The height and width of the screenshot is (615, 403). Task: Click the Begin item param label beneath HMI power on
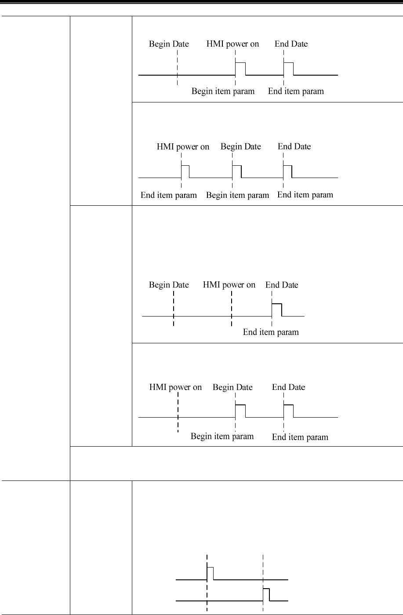223,91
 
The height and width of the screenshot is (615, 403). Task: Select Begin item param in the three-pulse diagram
237,195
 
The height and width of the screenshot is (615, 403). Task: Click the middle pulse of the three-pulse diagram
236,171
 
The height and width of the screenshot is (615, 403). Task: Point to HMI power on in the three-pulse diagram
183,146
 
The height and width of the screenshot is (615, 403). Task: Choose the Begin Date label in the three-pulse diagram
240,146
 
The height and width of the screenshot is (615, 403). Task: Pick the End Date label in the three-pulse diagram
294,146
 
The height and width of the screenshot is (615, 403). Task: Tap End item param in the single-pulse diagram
271,332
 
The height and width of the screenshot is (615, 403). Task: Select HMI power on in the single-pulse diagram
229,285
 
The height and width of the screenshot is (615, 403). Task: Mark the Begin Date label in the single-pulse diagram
169,285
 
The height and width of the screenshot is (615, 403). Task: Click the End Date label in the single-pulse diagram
282,285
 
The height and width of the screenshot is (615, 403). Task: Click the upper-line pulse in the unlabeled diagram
210,573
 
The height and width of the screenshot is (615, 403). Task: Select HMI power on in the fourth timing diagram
175,387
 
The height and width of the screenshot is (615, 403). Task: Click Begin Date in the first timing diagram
169,44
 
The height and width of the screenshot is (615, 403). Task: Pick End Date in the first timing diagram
291,44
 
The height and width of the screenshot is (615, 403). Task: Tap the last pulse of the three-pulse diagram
287,171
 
